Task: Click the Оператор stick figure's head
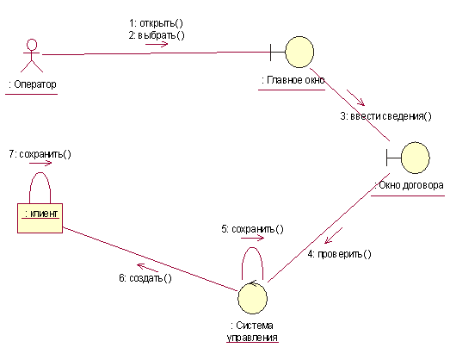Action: point(32,45)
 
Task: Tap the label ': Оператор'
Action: point(33,84)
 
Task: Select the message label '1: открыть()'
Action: point(156,23)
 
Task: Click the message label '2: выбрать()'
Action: point(157,35)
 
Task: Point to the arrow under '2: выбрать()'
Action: point(157,44)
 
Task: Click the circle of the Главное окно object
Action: point(299,52)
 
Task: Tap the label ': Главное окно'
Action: point(293,80)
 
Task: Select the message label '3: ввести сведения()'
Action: point(385,116)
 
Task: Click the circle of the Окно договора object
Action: point(415,158)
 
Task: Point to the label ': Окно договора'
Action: point(409,185)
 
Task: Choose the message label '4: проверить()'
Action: point(339,254)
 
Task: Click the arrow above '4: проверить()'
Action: point(334,236)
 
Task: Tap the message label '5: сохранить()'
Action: point(252,229)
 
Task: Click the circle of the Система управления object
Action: point(253,298)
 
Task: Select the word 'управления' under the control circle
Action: point(252,338)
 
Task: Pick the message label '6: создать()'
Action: point(145,278)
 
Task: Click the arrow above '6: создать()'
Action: point(147,268)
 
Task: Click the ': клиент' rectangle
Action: point(40,219)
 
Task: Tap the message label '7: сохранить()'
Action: point(40,154)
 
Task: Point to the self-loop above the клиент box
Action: point(40,173)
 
